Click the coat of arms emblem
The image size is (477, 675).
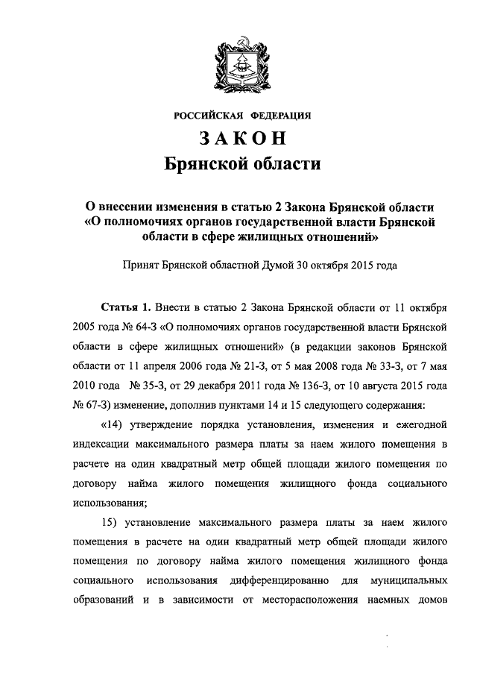(238, 63)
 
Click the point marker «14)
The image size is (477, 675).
(112, 426)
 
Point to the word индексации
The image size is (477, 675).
(104, 445)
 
